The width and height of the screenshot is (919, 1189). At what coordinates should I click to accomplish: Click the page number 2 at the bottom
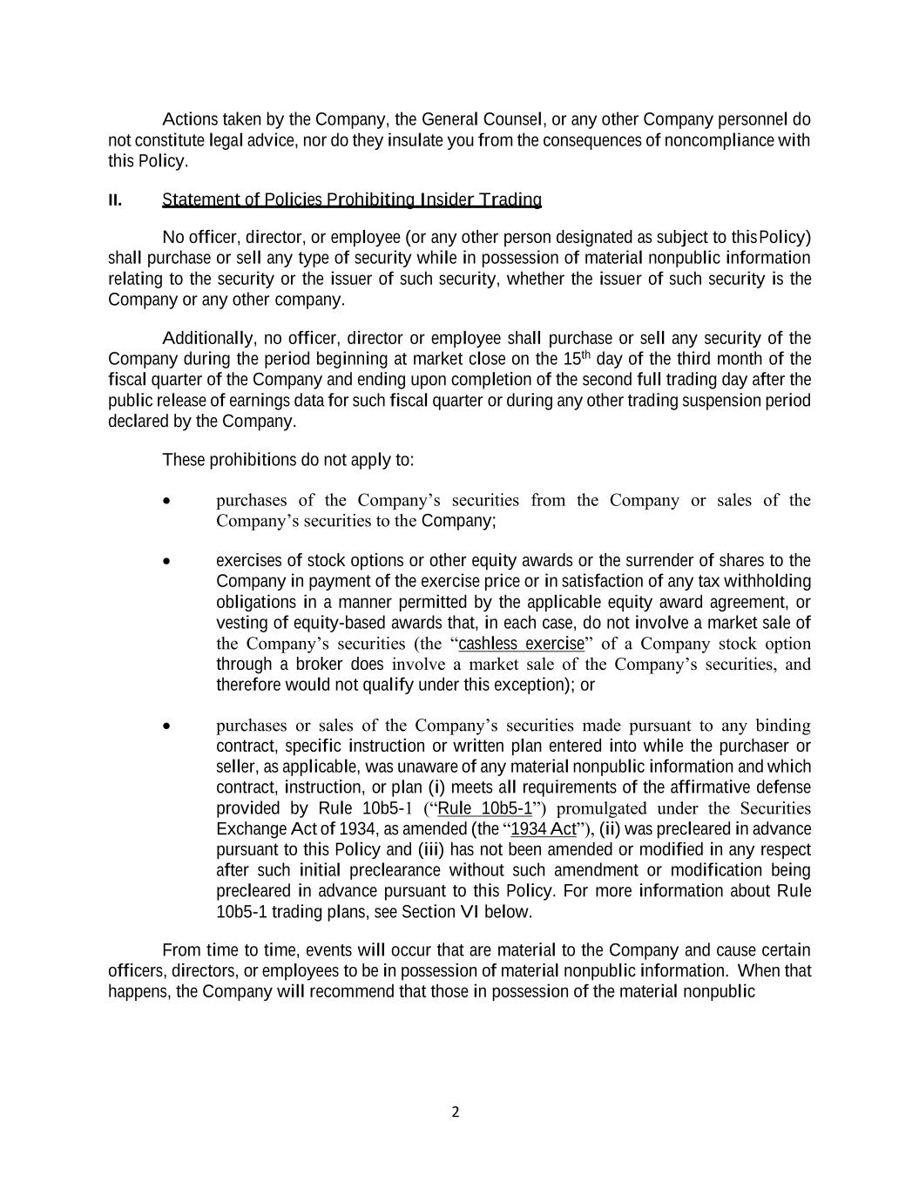point(455,1111)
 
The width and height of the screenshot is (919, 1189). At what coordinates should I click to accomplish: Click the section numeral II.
point(115,200)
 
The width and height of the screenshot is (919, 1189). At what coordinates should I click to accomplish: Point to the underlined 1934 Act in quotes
point(544,828)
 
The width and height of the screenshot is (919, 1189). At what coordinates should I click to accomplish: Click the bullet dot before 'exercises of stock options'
point(166,561)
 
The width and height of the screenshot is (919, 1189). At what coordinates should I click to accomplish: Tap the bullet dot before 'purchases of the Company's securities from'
point(166,501)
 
